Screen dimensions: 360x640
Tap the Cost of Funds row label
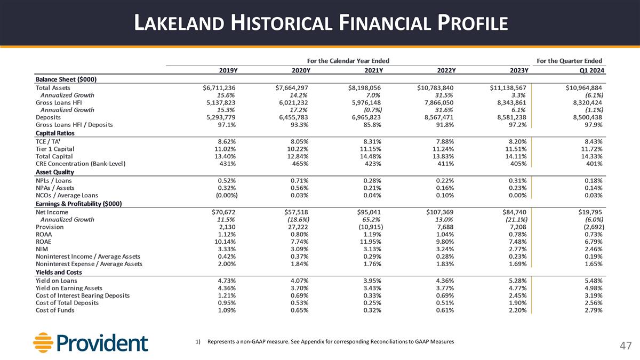(x=55, y=310)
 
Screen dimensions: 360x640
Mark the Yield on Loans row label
(x=56, y=281)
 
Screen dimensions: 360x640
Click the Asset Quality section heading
(x=54, y=172)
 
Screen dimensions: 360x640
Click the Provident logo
(x=90, y=342)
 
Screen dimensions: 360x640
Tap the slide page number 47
(x=625, y=346)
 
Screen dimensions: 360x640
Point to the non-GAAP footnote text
(x=331, y=341)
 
